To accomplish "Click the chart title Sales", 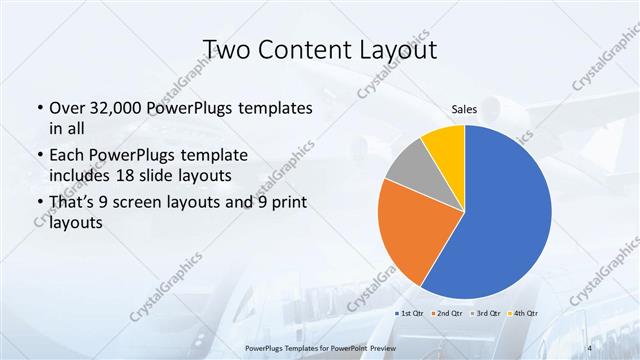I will (x=464, y=109).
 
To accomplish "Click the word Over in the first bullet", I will (x=68, y=107).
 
